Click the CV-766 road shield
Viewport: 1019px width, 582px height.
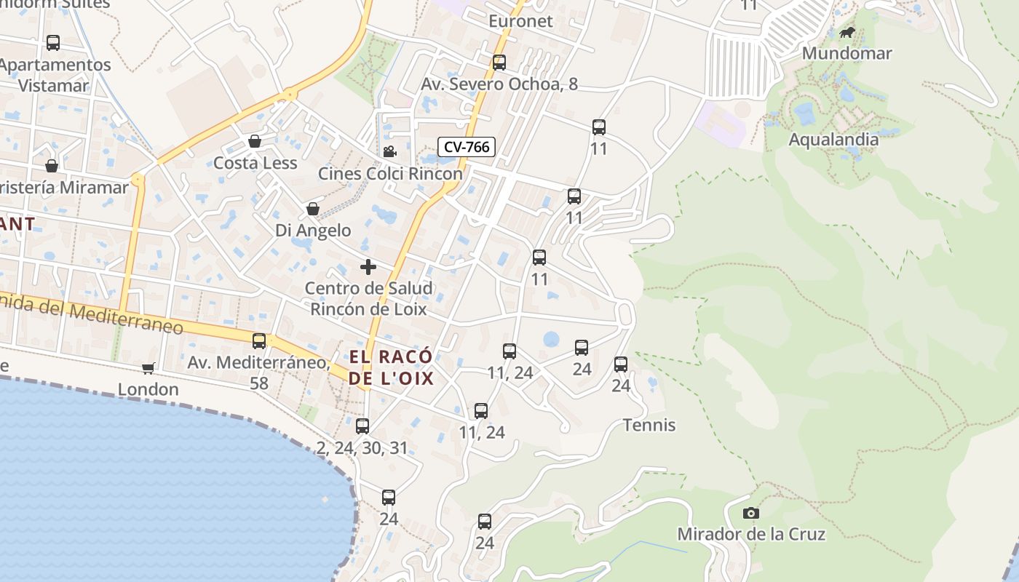467,147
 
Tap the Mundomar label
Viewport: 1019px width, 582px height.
846,53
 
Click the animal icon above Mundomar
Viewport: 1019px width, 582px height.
847,33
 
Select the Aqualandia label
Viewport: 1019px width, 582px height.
833,140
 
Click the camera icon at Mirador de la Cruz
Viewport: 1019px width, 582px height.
751,514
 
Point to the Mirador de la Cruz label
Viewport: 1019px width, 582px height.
751,535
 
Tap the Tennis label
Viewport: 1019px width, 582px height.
649,425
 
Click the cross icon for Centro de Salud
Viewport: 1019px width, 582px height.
368,267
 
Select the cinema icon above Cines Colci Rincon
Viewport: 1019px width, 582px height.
389,151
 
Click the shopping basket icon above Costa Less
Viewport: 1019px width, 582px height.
255,141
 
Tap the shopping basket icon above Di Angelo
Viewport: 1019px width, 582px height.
313,210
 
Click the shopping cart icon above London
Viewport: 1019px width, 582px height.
148,368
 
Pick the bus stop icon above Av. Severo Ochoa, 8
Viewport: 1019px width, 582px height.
499,63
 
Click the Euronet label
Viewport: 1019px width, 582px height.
520,21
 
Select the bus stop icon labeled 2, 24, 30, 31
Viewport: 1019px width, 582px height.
362,426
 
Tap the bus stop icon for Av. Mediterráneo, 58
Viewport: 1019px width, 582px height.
259,341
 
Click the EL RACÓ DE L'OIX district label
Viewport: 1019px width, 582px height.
391,367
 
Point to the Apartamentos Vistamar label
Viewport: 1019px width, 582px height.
55,75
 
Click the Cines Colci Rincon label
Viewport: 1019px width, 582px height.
390,174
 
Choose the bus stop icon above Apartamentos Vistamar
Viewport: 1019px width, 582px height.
53,43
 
